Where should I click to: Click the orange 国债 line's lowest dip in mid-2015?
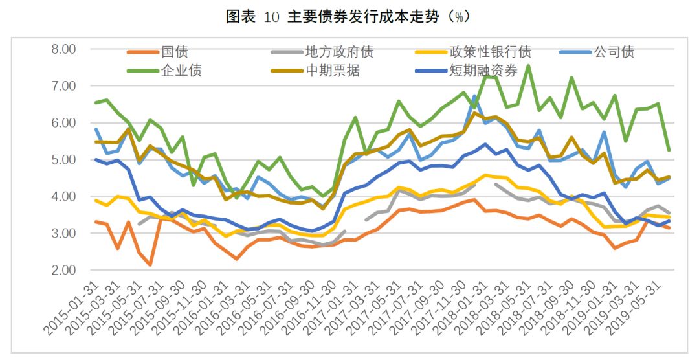[x=150, y=265]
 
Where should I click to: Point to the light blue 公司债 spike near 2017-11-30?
[x=474, y=96]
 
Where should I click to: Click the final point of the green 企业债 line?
[x=669, y=150]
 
